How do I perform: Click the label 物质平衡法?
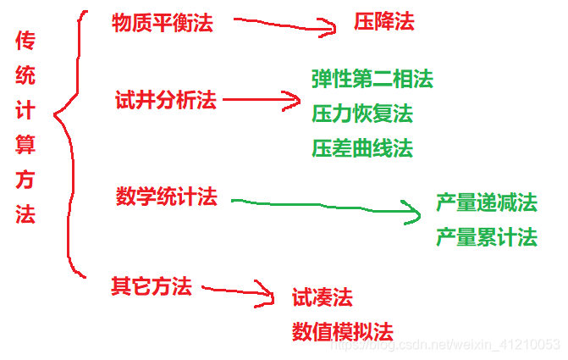pyautogui.click(x=163, y=24)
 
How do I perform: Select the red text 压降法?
pyautogui.click(x=384, y=22)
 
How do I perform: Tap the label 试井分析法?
pyautogui.click(x=166, y=101)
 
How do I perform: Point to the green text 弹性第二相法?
pyautogui.click(x=372, y=80)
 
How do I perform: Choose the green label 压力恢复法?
pyautogui.click(x=362, y=114)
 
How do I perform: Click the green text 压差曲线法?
pyautogui.click(x=362, y=148)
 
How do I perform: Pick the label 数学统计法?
pyautogui.click(x=167, y=197)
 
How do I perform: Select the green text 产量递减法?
pyautogui.click(x=487, y=203)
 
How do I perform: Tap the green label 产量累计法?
pyautogui.click(x=487, y=237)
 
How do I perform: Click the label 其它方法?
pyautogui.click(x=152, y=286)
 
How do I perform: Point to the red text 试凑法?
pyautogui.click(x=323, y=297)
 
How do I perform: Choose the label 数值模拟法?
pyautogui.click(x=343, y=331)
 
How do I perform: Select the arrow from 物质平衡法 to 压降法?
pyautogui.click(x=284, y=26)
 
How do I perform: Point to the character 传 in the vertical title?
pyautogui.click(x=25, y=42)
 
